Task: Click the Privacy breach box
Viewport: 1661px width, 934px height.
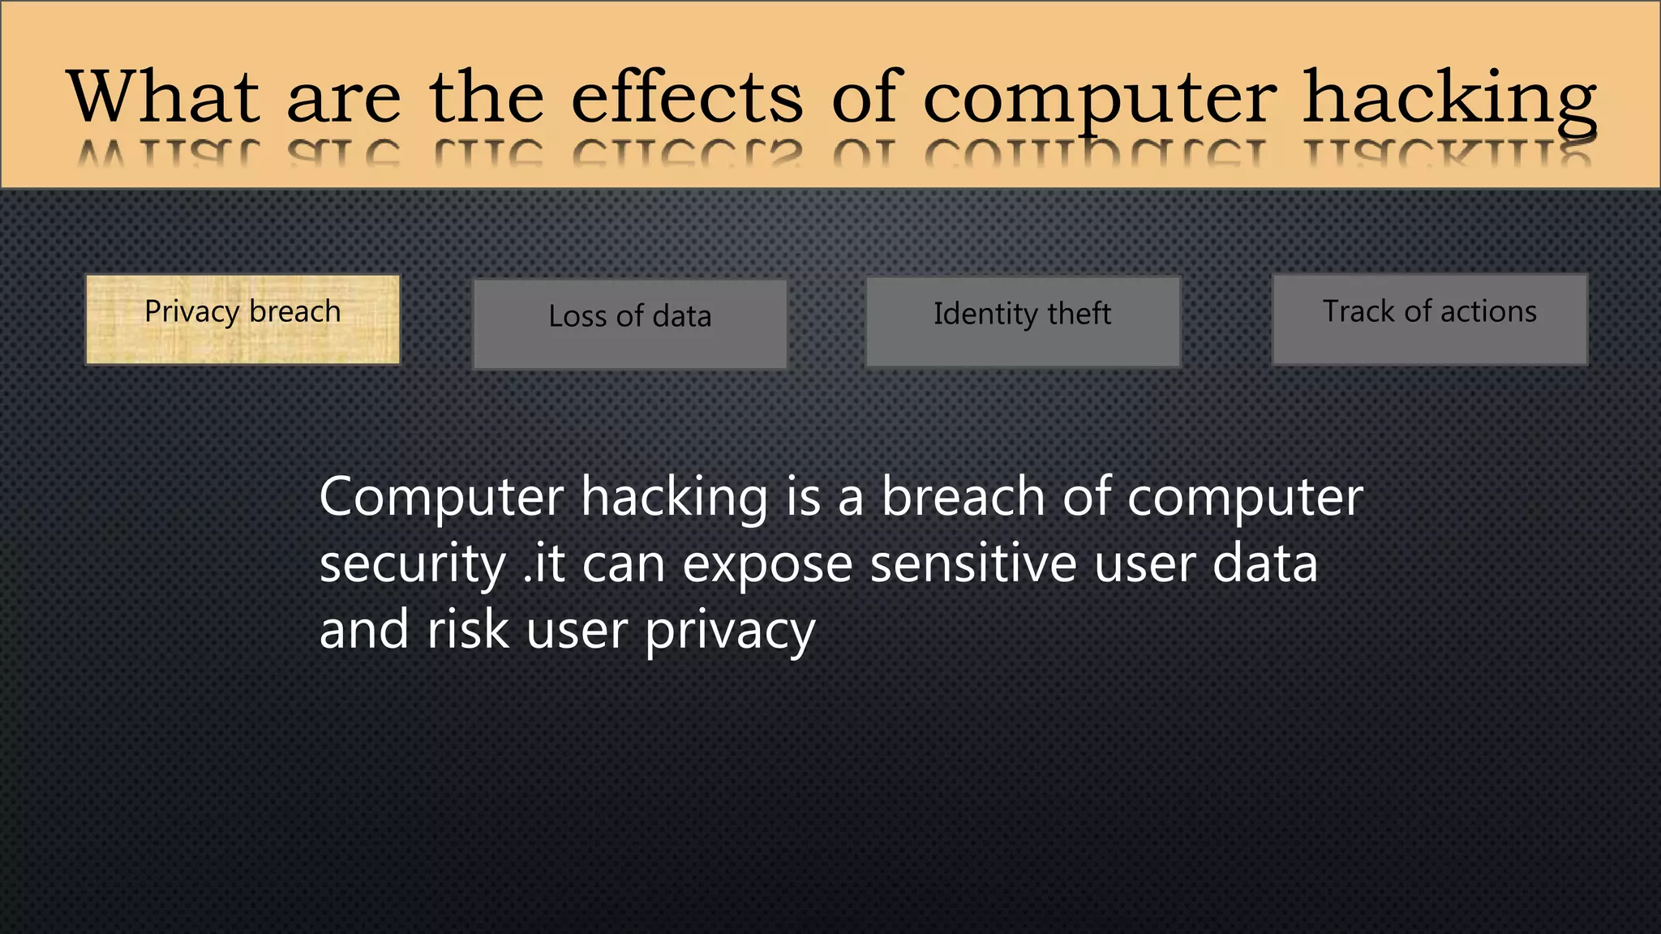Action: [242, 319]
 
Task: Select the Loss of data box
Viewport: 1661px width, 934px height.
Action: [629, 323]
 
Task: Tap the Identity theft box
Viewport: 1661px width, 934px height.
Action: [1023, 322]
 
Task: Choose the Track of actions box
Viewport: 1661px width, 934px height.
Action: [1429, 319]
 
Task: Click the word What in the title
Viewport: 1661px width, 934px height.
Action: [163, 96]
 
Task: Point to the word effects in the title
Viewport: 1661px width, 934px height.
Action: [687, 96]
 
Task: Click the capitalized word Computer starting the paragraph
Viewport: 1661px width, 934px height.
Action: [441, 498]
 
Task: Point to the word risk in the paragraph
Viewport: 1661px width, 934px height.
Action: [467, 630]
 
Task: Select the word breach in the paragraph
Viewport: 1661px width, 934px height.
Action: [963, 496]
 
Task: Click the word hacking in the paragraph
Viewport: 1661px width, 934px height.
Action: [675, 498]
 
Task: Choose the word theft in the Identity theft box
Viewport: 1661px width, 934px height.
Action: [1079, 313]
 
